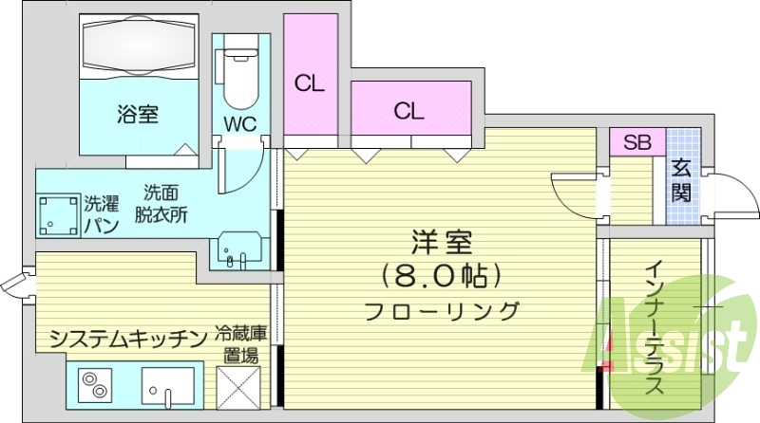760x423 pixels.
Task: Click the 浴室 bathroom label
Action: tap(138, 115)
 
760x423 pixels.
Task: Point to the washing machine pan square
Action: tap(58, 215)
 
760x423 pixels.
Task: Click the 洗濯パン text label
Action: tap(101, 213)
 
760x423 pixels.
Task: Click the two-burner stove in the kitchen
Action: tap(96, 389)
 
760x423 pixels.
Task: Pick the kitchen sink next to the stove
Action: tap(168, 389)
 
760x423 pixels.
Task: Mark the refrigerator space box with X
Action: tap(239, 389)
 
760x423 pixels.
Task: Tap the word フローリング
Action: tap(442, 310)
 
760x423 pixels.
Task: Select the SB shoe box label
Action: tap(636, 143)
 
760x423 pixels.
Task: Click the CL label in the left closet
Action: tap(309, 83)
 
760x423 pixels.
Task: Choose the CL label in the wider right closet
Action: tap(409, 111)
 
